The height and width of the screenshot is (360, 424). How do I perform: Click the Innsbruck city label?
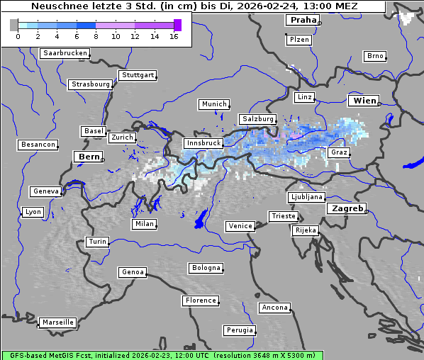point(202,143)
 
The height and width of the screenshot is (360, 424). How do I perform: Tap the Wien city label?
point(364,101)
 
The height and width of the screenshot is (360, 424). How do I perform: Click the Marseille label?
point(57,322)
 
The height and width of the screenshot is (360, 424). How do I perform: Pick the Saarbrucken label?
point(65,53)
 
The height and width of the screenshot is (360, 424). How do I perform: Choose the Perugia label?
point(239,330)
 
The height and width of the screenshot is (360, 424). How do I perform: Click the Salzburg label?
point(257,119)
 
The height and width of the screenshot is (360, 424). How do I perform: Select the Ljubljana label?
point(306,197)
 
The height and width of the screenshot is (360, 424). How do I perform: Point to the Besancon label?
point(38,145)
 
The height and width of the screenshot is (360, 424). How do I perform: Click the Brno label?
point(374,56)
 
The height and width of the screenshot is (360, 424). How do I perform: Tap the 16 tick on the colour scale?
point(174,35)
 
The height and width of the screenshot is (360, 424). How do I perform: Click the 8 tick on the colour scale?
point(96,35)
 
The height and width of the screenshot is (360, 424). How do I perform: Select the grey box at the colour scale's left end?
point(14,25)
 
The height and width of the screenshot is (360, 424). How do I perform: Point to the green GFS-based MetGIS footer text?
point(162,355)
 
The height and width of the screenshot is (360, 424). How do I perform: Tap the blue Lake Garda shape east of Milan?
point(201,219)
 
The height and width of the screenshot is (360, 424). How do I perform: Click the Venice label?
point(240,226)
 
